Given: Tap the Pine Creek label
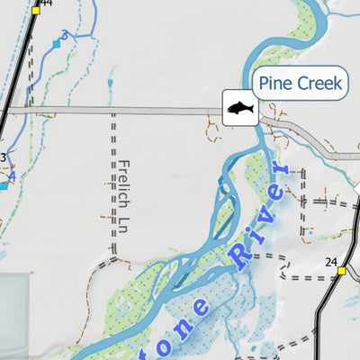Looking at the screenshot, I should [x=299, y=85].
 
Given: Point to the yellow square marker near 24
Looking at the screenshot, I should [x=341, y=270].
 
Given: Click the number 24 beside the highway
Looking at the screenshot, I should [x=330, y=262].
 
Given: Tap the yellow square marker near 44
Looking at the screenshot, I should [x=36, y=11].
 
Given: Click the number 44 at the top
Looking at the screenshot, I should [x=46, y=4].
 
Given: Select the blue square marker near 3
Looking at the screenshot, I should [x=56, y=43].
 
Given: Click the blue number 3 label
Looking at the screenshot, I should [x=64, y=35].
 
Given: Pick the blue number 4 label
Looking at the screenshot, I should [x=12, y=176].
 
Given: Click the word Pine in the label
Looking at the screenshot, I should [x=274, y=85].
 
